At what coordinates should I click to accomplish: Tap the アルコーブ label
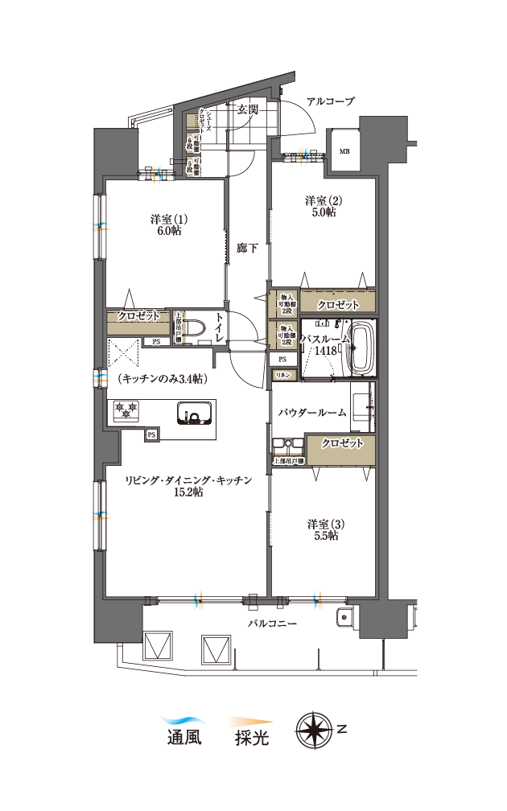[x=330, y=101]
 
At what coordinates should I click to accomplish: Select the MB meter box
[x=344, y=151]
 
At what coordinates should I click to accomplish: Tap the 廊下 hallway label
[x=247, y=249]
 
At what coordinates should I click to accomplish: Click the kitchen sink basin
[x=194, y=414]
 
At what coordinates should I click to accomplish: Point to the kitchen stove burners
[x=126, y=411]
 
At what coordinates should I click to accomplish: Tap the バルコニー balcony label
[x=272, y=624]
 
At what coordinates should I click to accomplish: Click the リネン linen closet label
[x=283, y=376]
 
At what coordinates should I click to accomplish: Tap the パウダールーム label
[x=312, y=413]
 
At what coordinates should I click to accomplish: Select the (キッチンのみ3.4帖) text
[x=163, y=377]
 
